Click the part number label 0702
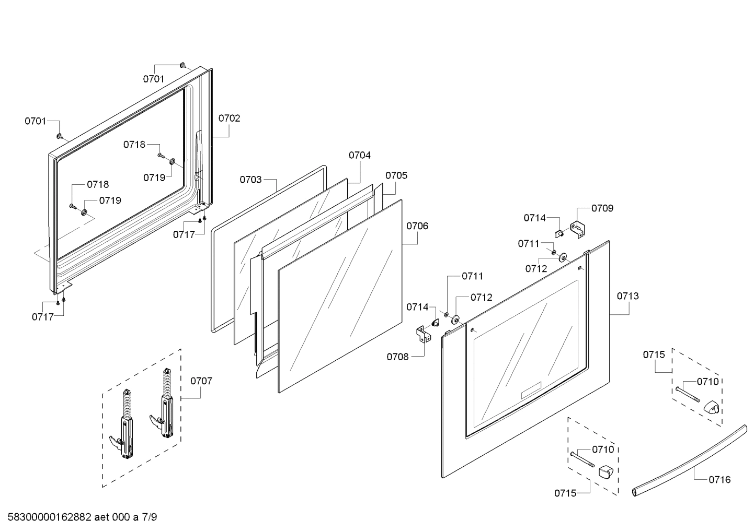tap(229, 118)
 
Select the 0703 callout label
tap(250, 180)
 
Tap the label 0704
tap(359, 155)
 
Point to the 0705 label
tap(396, 175)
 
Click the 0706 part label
tap(417, 226)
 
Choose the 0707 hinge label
tap(201, 381)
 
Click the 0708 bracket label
tap(397, 357)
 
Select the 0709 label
tap(602, 208)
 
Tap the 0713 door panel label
tap(627, 296)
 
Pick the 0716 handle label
tap(719, 479)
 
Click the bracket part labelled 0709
tap(577, 230)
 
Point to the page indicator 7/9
tap(149, 518)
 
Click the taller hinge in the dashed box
tap(165, 407)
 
